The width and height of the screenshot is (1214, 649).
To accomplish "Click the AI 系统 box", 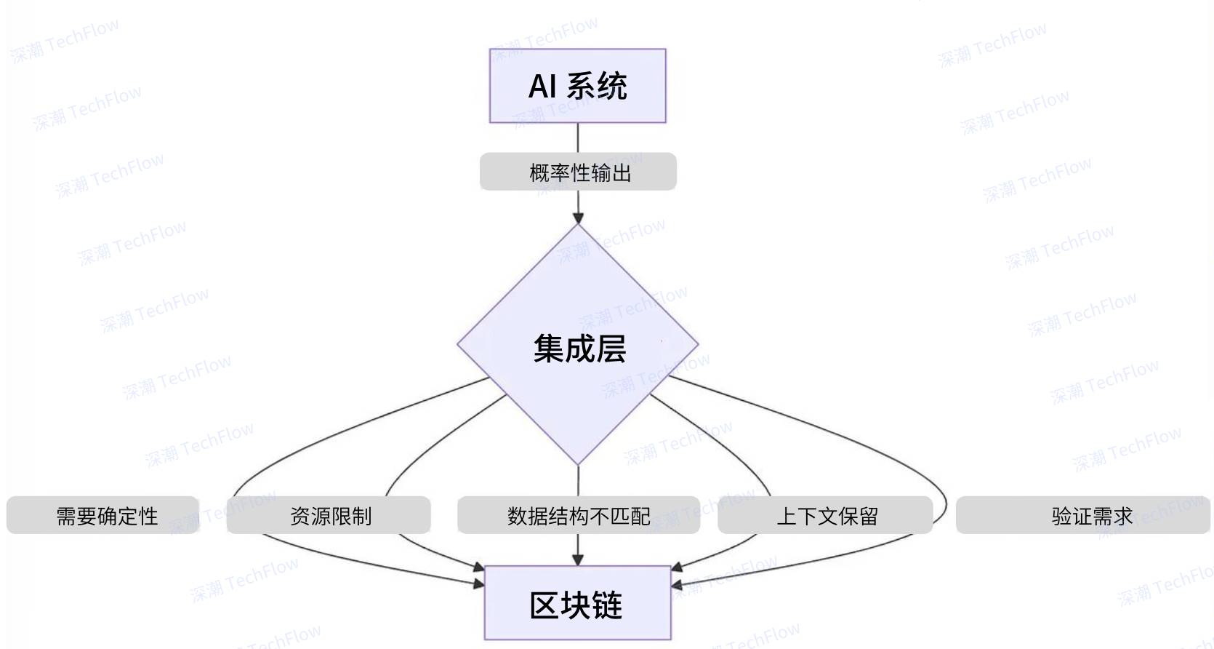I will (x=577, y=86).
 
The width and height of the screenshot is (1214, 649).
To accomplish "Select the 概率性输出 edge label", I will (x=579, y=172).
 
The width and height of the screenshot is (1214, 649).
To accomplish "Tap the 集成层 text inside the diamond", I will (x=579, y=349).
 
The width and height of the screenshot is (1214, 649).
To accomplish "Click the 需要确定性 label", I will (x=106, y=516).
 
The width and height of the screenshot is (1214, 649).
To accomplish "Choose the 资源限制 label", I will (x=330, y=516).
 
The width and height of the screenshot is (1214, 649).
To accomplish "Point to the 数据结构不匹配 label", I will (x=579, y=516).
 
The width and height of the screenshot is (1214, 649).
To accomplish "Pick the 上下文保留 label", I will (x=827, y=516).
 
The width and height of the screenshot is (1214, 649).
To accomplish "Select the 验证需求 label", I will (x=1090, y=516).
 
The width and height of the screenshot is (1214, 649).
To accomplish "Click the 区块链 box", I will (x=577, y=603).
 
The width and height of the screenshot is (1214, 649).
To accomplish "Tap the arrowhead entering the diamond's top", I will (x=578, y=218).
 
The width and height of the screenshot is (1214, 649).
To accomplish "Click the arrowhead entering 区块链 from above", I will (x=578, y=560).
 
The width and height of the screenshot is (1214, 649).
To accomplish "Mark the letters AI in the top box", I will (x=542, y=87).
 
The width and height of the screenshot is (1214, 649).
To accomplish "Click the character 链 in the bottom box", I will (x=608, y=605).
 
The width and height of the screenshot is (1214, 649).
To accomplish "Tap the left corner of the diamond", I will (x=459, y=344).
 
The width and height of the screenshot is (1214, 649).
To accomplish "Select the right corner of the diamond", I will (x=696, y=344).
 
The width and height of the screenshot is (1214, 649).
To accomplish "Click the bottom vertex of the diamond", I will (x=578, y=462).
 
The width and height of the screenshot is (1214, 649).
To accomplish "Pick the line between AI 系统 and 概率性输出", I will (x=578, y=138).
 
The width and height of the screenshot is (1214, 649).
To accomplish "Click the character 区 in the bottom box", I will (x=544, y=605).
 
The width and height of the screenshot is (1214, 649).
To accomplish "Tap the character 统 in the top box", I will (x=612, y=87).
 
